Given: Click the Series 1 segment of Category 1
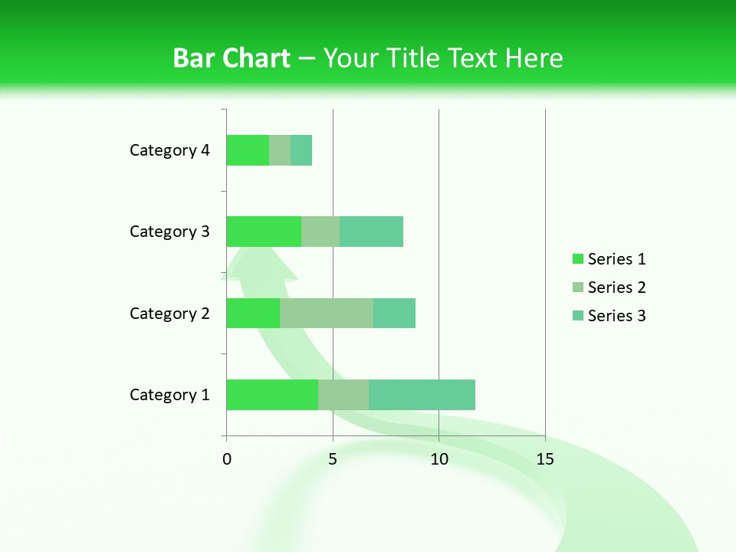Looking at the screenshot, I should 272,395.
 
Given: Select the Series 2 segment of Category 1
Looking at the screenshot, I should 343,395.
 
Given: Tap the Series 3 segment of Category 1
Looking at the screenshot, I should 422,395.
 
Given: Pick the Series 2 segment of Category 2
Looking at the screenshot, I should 327,314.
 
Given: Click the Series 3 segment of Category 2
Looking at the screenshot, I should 394,314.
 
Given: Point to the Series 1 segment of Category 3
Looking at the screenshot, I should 264,232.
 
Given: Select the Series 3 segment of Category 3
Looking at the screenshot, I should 371,232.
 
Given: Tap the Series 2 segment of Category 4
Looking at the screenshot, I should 280,150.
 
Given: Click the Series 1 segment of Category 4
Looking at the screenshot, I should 248,150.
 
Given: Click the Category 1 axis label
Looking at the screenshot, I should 169,395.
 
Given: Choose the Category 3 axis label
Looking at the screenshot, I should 169,232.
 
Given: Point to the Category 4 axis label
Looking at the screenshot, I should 169,150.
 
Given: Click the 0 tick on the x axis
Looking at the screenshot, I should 227,459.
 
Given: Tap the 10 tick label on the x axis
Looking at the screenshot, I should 439,459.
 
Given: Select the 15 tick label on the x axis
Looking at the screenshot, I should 545,459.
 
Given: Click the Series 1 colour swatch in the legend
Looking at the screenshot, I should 577,259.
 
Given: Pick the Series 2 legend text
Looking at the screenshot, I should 616,287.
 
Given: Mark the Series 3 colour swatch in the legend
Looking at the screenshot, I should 577,316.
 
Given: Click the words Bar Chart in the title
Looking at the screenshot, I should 232,58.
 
